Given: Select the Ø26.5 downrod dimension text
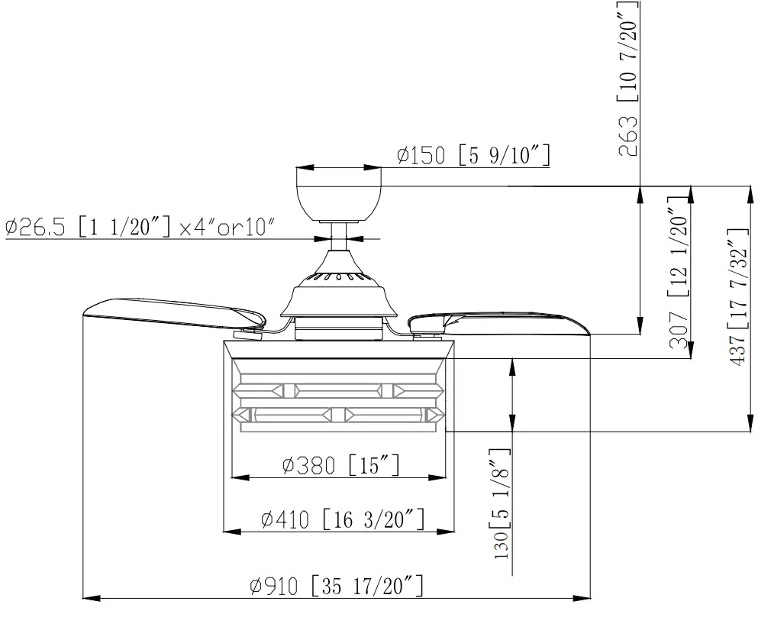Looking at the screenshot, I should coord(137,228).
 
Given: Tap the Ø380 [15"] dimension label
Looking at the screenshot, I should coord(340,464).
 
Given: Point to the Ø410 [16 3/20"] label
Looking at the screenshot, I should coord(341,520).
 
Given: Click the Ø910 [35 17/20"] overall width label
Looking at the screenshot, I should coord(336,587).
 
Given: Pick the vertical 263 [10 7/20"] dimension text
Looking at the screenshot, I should coord(631,76).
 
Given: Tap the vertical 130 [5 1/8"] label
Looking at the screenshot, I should coord(502,504).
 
